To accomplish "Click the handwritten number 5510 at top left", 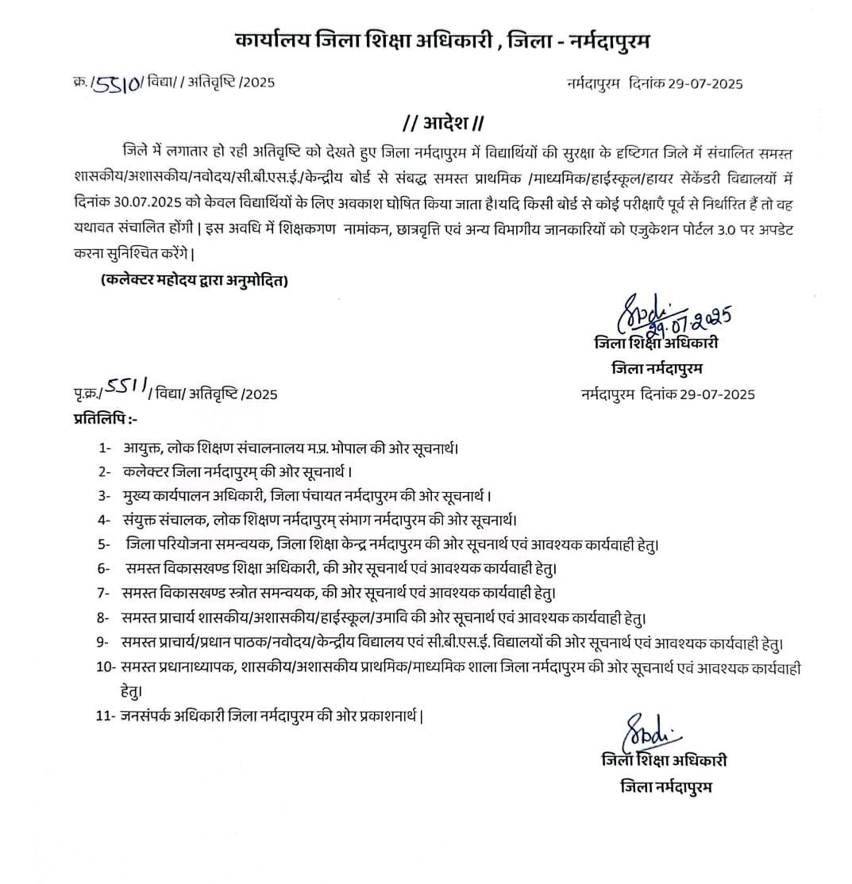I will pos(118,83).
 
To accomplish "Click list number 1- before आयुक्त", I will pos(104,448).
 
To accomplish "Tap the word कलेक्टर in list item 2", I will pos(147,472).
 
